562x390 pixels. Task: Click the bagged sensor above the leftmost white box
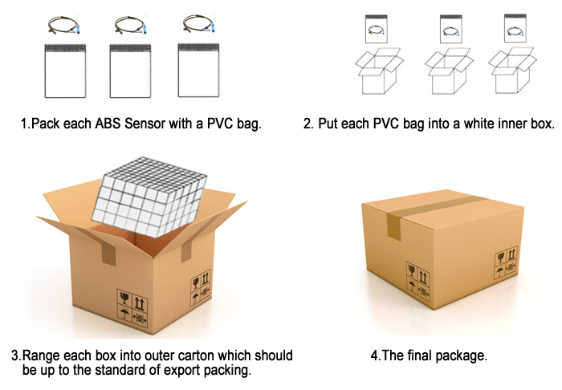(x=375, y=31)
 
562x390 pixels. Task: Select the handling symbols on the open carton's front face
(x=132, y=310)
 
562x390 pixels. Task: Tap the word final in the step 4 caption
(x=417, y=355)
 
